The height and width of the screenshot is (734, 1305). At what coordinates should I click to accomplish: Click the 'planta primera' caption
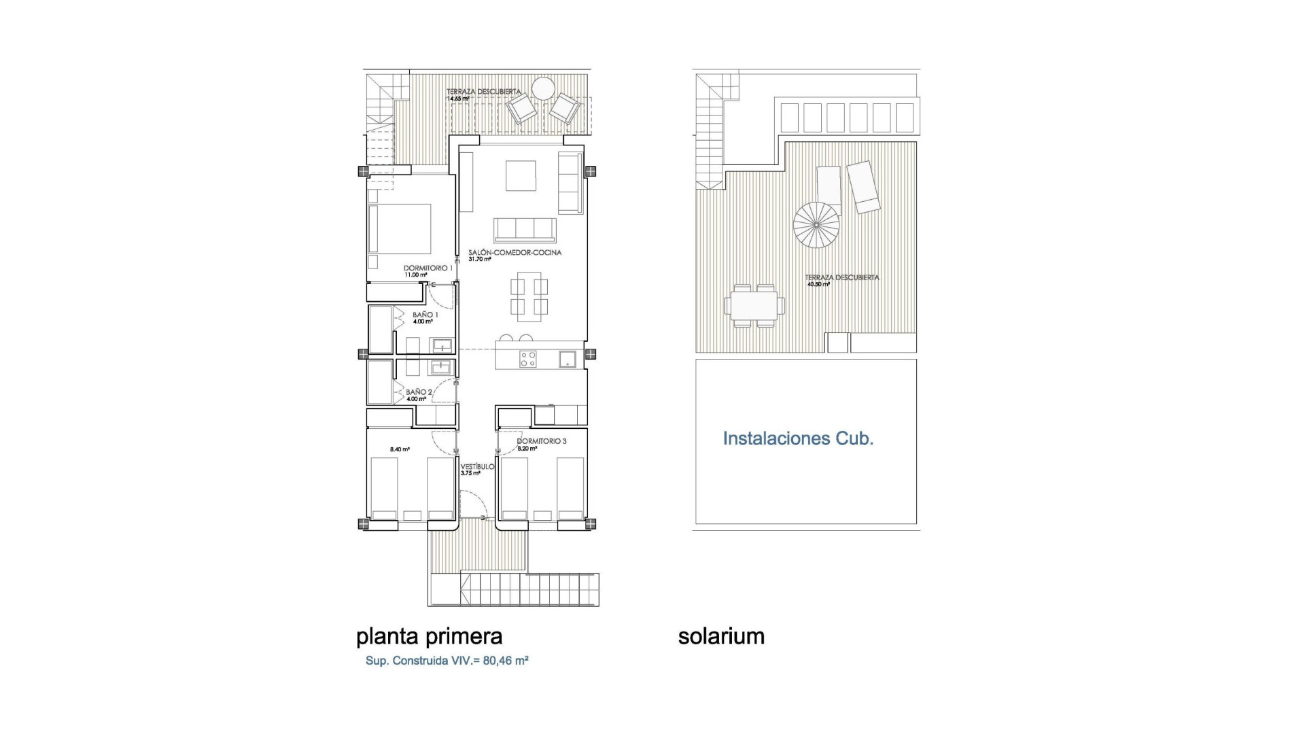(x=429, y=637)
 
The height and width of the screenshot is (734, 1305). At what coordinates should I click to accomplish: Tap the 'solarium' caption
(x=721, y=637)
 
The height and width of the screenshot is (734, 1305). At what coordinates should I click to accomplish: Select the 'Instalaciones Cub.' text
(x=798, y=439)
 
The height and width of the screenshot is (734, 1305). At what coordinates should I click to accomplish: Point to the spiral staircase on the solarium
(x=816, y=225)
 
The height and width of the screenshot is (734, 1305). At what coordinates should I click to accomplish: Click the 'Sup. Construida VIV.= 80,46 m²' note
(x=447, y=661)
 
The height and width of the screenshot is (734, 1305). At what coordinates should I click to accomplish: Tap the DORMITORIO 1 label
(x=428, y=268)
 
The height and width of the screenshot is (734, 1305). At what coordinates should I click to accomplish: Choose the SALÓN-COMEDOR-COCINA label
(x=515, y=253)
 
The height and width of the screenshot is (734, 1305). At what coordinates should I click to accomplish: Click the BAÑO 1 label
(x=425, y=315)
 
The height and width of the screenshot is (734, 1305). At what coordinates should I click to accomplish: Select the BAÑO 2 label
(x=419, y=392)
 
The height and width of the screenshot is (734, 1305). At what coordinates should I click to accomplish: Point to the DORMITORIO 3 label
(x=541, y=441)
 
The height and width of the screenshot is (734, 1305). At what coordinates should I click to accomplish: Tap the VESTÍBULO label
(x=477, y=467)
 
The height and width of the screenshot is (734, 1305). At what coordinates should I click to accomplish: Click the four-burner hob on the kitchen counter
(x=528, y=359)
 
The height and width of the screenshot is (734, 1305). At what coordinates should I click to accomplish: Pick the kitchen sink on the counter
(x=568, y=359)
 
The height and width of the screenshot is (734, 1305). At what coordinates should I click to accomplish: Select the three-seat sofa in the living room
(x=525, y=230)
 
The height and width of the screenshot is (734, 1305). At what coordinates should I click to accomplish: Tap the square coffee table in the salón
(x=521, y=175)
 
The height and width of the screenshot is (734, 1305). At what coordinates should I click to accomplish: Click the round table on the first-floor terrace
(x=543, y=89)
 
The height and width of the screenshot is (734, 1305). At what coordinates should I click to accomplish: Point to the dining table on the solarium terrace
(x=754, y=306)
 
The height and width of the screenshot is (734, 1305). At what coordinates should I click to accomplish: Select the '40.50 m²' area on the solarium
(x=818, y=284)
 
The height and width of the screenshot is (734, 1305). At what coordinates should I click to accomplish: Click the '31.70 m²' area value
(x=479, y=259)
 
